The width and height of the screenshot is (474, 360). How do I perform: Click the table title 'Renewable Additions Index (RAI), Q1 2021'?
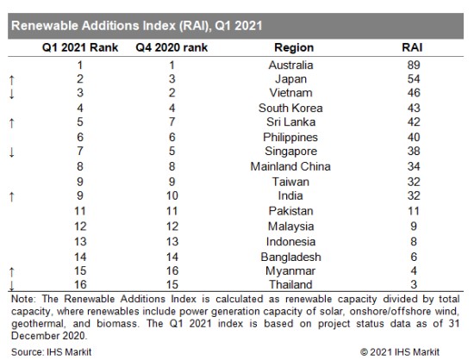(137, 26)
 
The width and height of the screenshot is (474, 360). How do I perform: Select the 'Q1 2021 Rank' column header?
(80, 47)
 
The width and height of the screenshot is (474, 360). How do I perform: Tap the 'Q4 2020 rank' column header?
(172, 47)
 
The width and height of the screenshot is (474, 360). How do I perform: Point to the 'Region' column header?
(294, 47)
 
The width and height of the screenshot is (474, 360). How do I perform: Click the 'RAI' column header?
(412, 47)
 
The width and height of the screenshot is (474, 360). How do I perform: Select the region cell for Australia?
(290, 65)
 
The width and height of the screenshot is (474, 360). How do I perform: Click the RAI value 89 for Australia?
(414, 65)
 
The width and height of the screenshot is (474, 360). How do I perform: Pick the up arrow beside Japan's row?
(12, 80)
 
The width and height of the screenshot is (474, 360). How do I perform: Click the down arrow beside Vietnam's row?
(12, 94)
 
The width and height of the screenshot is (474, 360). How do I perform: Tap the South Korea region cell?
(290, 108)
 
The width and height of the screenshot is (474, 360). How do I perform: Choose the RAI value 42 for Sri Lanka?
(414, 121)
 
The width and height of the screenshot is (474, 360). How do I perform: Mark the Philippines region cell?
(290, 138)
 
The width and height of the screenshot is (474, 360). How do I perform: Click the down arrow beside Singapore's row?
(12, 152)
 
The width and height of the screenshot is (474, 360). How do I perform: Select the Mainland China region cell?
(290, 166)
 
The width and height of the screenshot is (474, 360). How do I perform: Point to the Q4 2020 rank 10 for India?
(172, 196)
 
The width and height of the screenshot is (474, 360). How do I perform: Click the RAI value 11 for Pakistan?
(414, 211)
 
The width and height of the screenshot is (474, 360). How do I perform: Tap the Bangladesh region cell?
(290, 257)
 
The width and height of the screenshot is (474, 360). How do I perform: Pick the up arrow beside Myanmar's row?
(12, 272)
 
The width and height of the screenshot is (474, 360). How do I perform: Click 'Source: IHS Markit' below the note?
(52, 352)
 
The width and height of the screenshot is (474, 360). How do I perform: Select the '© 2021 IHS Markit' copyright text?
(400, 352)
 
